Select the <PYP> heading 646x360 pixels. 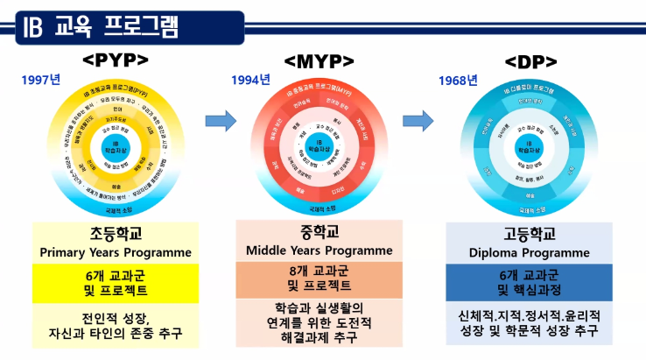(x=116, y=60)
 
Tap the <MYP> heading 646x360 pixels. (x=319, y=61)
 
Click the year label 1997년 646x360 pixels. (x=40, y=80)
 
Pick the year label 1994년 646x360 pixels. (x=250, y=81)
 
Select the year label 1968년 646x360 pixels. (x=458, y=81)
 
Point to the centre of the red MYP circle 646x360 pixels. (x=319, y=145)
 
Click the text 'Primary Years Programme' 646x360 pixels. (x=115, y=252)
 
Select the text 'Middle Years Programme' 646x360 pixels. (x=319, y=250)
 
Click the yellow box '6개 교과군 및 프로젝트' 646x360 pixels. (x=115, y=282)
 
